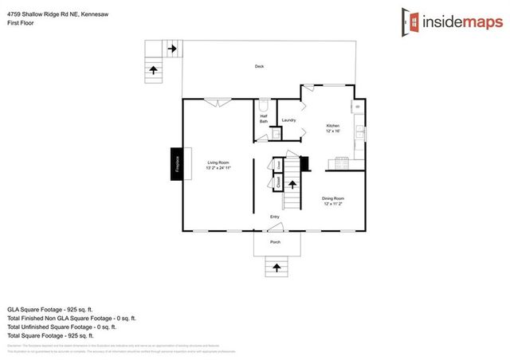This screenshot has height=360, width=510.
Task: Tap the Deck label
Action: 259,66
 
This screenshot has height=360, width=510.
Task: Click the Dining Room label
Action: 333,200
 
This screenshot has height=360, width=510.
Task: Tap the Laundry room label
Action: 288,120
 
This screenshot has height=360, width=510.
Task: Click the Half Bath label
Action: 264,119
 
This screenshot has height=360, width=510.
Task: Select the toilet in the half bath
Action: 264,106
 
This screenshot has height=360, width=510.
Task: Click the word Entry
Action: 274,217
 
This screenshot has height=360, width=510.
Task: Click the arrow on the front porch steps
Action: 276,267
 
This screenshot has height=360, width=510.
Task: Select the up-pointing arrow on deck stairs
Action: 152,69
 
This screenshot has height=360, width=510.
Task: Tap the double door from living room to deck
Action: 215,101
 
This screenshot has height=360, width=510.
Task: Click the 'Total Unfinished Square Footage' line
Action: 61,327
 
